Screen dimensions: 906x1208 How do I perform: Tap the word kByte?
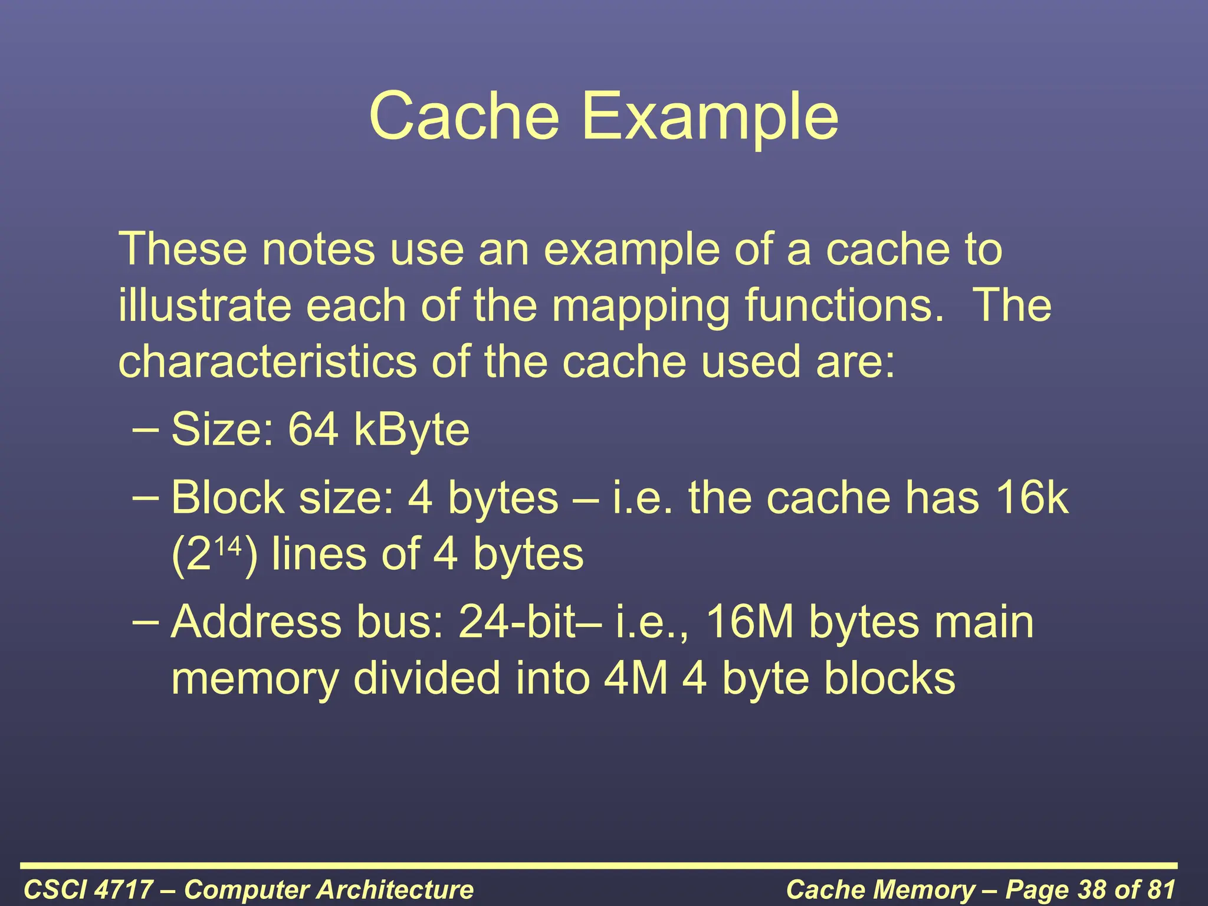click(x=411, y=431)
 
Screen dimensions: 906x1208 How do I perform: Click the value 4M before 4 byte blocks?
click(x=636, y=678)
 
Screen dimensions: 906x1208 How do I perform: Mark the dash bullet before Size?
click(x=145, y=429)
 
